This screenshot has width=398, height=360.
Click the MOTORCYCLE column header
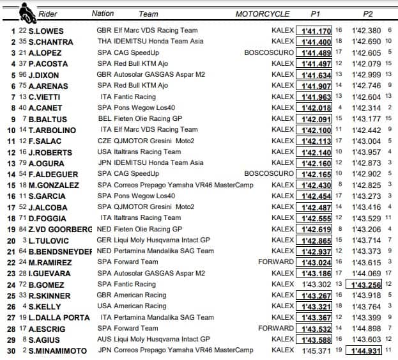coord(264,13)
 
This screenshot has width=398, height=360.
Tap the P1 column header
coord(316,13)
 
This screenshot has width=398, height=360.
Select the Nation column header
coord(103,13)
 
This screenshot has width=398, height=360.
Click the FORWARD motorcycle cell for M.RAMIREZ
coord(275,262)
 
